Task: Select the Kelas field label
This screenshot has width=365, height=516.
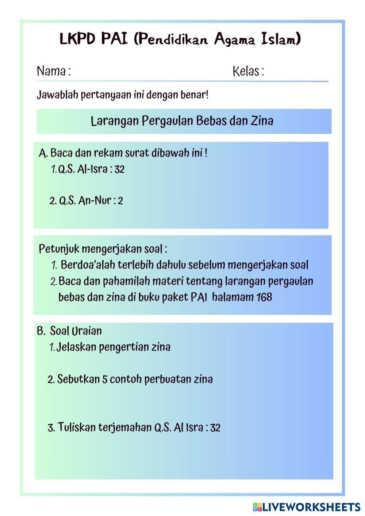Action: coord(248,71)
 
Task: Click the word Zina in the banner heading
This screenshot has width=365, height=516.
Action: coord(261,121)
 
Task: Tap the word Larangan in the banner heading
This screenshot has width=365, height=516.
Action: coord(114,121)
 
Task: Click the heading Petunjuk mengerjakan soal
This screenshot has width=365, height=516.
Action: coord(103,249)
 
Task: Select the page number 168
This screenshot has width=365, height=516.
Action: coord(264,297)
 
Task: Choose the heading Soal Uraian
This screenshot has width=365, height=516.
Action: coord(76,331)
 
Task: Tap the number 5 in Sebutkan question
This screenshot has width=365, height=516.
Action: coord(104,380)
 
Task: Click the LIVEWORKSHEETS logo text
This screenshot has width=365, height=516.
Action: coord(311,507)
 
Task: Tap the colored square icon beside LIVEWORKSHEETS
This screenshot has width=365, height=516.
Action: coord(257,507)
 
